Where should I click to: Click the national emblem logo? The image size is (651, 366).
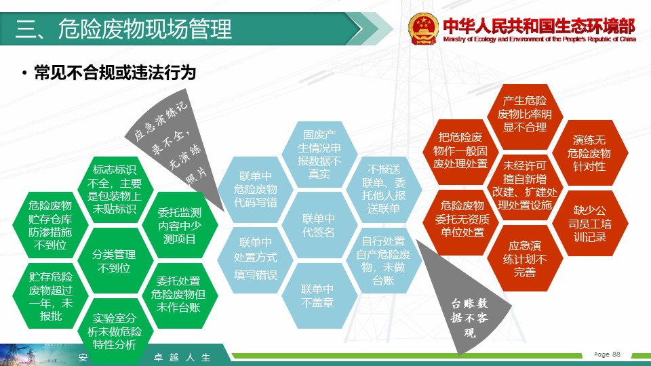click(x=423, y=28)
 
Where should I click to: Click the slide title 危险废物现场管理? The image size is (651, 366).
click(x=144, y=29)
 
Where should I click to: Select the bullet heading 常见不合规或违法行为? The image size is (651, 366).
click(x=115, y=73)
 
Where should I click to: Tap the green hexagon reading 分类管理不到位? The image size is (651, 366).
click(x=114, y=261)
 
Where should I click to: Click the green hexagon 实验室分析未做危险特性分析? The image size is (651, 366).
click(x=114, y=331)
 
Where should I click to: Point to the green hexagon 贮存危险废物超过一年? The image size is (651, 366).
click(x=50, y=296)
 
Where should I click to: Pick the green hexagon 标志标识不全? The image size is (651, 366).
click(x=114, y=189)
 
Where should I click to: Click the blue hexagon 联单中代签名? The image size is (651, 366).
click(x=319, y=225)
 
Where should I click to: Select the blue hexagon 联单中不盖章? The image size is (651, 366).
click(x=319, y=296)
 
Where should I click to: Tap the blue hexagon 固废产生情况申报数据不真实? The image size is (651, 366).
click(x=319, y=155)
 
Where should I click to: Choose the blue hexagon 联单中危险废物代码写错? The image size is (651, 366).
click(x=256, y=189)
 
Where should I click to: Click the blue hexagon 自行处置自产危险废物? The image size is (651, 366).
click(x=384, y=260)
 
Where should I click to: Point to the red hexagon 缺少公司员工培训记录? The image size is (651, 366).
click(x=589, y=223)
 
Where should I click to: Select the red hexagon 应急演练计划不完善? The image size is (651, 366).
click(x=525, y=258)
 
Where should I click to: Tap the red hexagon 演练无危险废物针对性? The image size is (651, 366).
click(x=589, y=152)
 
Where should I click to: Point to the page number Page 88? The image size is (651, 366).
click(x=607, y=354)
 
